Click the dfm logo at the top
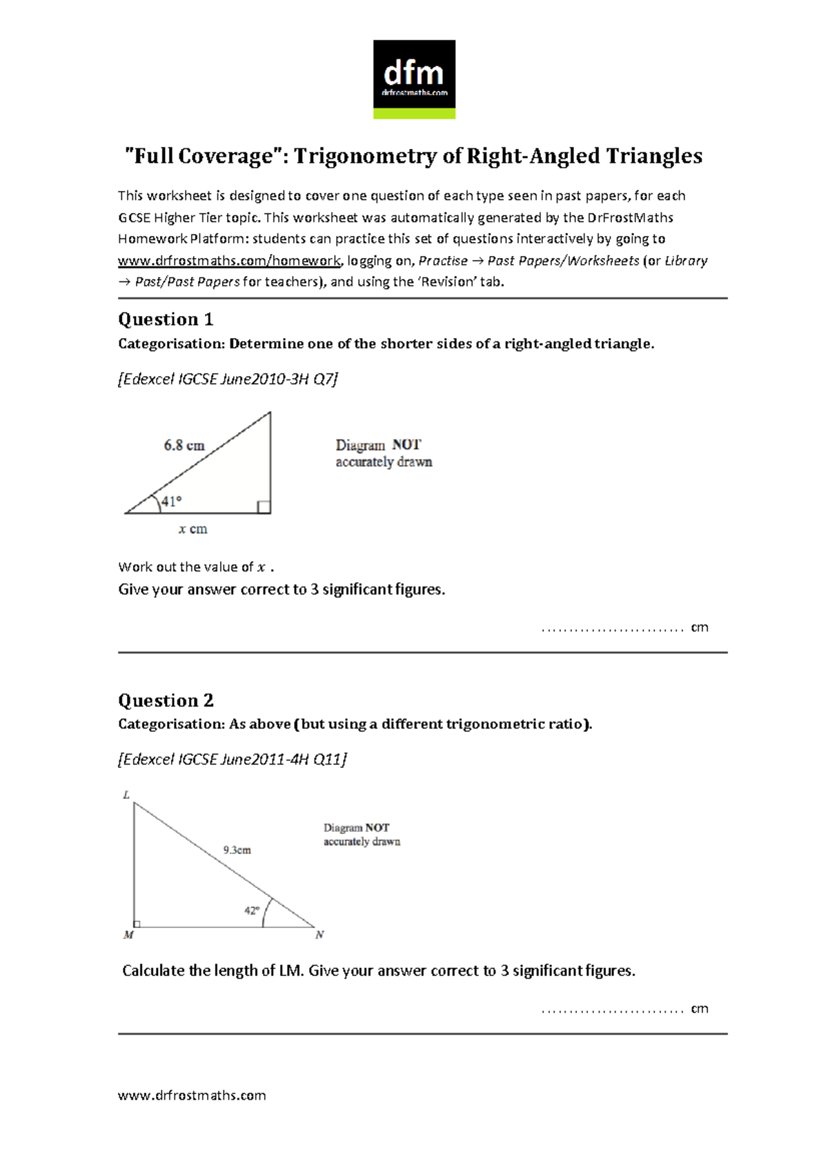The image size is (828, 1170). [x=414, y=79]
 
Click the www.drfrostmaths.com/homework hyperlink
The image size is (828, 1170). [x=229, y=261]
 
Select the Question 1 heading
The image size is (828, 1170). [x=166, y=319]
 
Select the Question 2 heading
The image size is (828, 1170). [x=166, y=701]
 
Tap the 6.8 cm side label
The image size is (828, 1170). [x=184, y=446]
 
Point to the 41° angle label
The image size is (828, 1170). [x=171, y=502]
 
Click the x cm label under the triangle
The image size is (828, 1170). [x=193, y=529]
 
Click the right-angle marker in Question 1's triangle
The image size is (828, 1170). [x=264, y=507]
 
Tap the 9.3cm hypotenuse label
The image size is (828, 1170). [x=237, y=850]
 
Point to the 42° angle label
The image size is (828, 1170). [x=251, y=911]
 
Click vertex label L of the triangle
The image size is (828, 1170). [x=126, y=795]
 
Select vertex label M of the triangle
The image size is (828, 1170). [x=128, y=935]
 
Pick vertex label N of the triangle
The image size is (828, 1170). [x=319, y=935]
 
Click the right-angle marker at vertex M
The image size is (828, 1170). [x=137, y=924]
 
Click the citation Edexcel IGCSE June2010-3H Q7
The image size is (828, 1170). [x=228, y=379]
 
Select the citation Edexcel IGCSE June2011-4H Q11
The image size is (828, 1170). [x=232, y=760]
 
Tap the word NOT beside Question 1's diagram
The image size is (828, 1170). [x=406, y=445]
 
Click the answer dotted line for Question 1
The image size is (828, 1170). [x=613, y=628]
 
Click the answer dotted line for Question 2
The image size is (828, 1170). [x=613, y=1010]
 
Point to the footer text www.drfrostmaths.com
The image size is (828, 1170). [x=192, y=1095]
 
